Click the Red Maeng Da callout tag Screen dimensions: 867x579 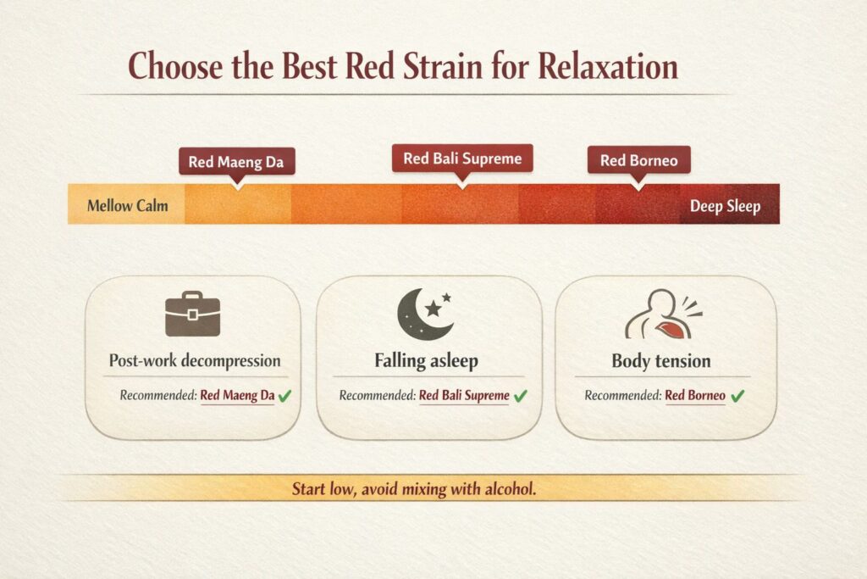(237, 162)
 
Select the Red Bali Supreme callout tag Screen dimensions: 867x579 (462, 159)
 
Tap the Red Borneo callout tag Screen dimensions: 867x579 (638, 160)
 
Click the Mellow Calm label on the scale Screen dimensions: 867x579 (127, 206)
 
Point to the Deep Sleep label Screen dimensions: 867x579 (725, 207)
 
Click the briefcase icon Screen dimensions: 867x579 (192, 314)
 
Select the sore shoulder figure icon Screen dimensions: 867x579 (663, 314)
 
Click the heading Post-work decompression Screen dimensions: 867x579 (195, 361)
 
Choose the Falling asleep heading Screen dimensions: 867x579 (427, 361)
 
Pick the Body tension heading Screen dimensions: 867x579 (660, 361)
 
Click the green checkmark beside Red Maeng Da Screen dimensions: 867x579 (284, 396)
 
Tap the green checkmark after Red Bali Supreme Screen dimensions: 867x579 (521, 396)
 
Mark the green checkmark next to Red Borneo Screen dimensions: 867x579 (737, 396)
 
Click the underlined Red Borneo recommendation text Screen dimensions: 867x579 (695, 396)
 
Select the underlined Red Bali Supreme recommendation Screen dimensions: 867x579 (464, 396)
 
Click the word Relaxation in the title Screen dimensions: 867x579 (608, 66)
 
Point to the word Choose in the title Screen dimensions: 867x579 (175, 66)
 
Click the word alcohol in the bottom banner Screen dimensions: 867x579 (511, 489)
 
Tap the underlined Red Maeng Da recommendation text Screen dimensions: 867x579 (237, 396)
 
